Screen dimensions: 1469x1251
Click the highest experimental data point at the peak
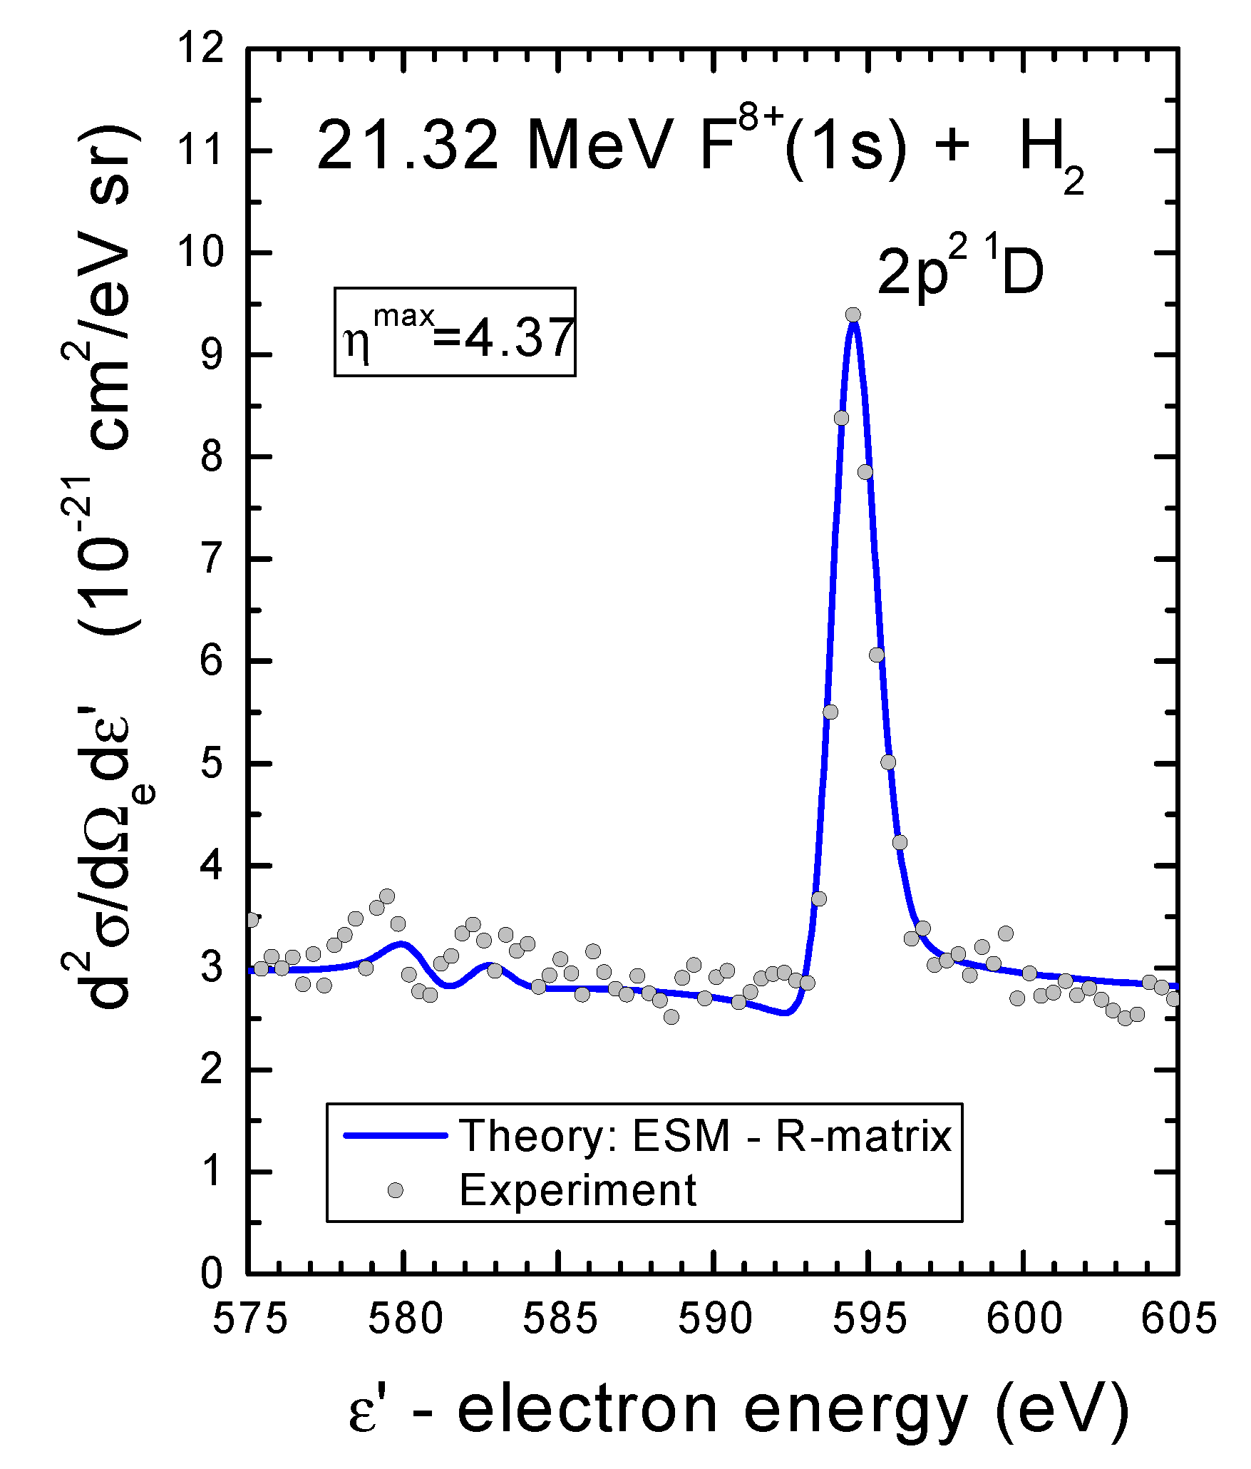tap(853, 314)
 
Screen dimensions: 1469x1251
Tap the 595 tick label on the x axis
tap(870, 1319)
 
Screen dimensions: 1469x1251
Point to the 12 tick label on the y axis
tap(201, 50)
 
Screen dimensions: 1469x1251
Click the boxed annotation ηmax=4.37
tap(455, 332)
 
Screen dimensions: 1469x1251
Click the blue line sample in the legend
tap(395, 1135)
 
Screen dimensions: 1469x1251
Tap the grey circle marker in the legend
tap(395, 1190)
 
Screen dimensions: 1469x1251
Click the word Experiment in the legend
tap(577, 1190)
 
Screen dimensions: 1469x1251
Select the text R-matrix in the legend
tap(863, 1135)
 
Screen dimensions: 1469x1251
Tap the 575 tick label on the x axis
tap(250, 1319)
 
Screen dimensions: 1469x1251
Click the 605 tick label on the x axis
tap(1178, 1319)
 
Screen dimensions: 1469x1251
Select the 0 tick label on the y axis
tap(212, 1274)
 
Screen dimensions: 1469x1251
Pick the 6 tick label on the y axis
tap(212, 661)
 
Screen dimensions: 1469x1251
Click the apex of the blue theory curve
tap(853, 324)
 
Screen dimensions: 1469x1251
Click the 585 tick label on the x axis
tap(560, 1319)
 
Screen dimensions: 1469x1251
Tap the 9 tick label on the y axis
tap(212, 354)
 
